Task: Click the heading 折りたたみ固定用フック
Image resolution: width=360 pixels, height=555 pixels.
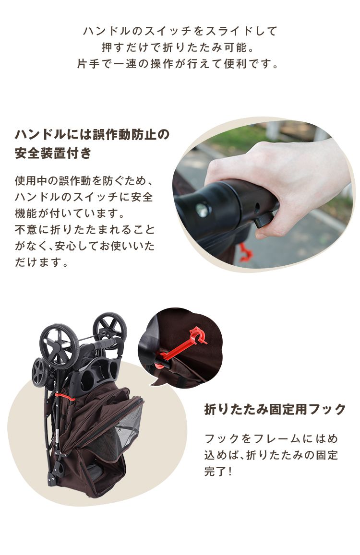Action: (x=275, y=410)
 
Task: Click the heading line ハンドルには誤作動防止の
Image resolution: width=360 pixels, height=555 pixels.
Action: (x=92, y=134)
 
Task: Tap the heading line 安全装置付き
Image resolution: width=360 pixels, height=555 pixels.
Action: (x=53, y=153)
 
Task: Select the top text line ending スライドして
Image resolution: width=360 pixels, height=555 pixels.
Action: (x=180, y=31)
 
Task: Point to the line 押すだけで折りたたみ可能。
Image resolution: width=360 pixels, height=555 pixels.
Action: (x=178, y=47)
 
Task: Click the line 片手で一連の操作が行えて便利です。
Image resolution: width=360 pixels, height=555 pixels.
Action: (x=178, y=64)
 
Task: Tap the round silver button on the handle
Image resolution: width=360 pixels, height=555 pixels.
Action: (x=203, y=210)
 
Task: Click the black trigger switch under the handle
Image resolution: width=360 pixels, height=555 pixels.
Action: (x=264, y=219)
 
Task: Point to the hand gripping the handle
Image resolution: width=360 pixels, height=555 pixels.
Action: (x=280, y=184)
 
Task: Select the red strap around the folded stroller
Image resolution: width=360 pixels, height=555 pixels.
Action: (x=65, y=396)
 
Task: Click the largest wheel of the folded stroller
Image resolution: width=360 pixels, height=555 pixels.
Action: (x=59, y=345)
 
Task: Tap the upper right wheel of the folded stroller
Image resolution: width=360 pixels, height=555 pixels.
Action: (x=110, y=329)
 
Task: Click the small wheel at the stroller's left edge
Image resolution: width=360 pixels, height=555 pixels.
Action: (x=40, y=372)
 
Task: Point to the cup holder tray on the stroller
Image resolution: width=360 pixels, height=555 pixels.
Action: (x=96, y=376)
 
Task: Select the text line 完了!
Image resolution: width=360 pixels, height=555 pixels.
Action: (x=218, y=472)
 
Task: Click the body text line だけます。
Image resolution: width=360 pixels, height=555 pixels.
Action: (x=41, y=262)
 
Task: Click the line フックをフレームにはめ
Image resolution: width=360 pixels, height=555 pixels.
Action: (x=271, y=439)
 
